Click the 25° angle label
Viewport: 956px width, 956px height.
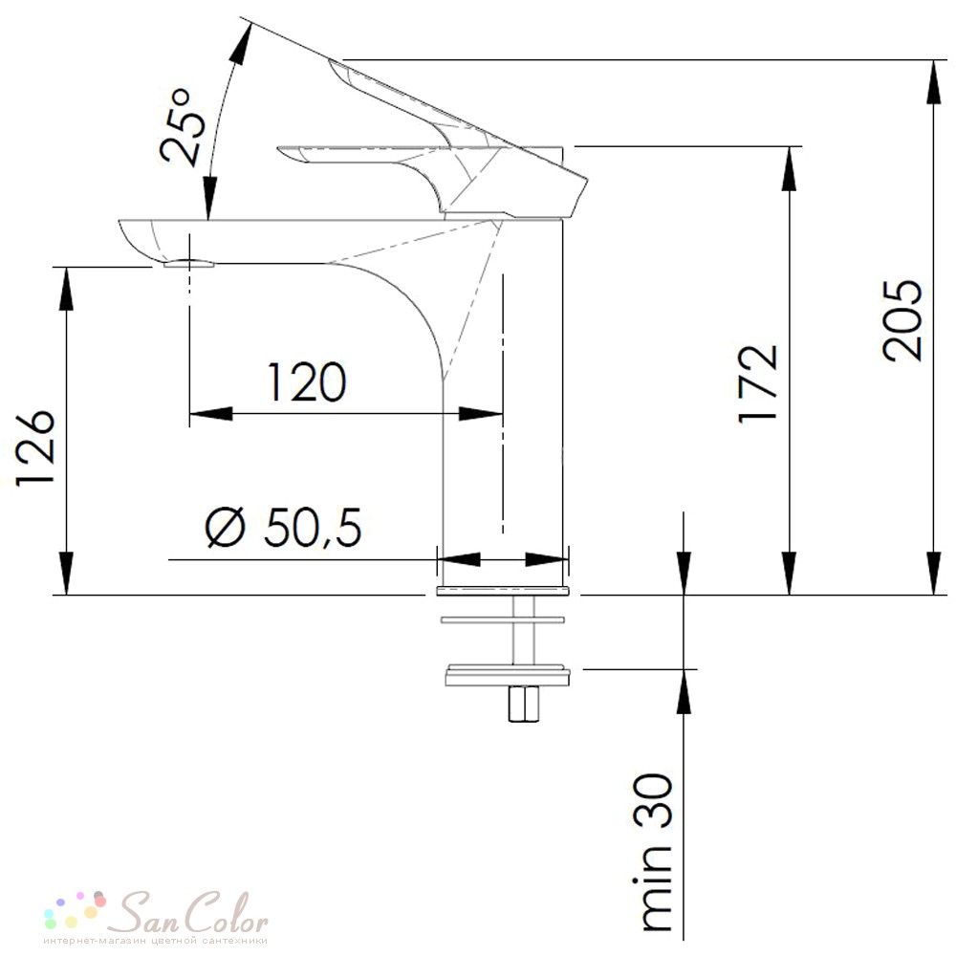pos(177,127)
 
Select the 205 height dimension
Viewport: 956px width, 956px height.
pos(903,320)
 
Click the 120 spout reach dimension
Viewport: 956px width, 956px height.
pos(307,382)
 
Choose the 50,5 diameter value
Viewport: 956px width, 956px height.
pos(313,527)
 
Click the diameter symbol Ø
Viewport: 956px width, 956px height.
pos(225,528)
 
